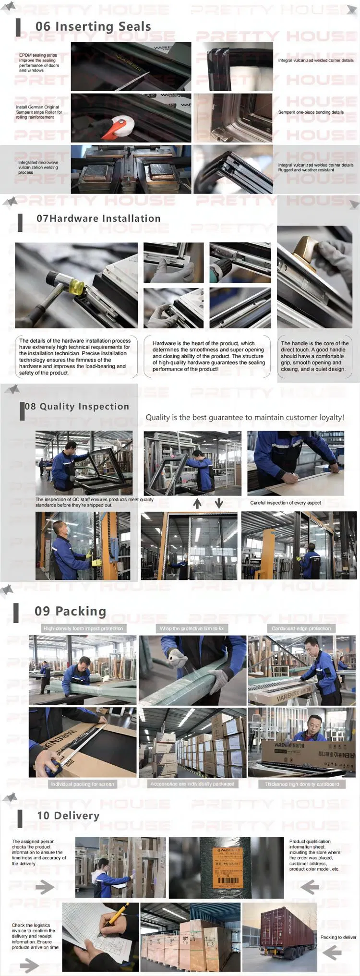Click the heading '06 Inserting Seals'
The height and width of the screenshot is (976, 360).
coord(93,27)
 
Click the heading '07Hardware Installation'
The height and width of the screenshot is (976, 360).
coord(98,218)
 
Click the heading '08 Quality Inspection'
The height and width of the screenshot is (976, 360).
coord(77,407)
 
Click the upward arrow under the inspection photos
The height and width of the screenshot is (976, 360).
coord(197,503)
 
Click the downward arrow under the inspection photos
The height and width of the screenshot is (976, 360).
coord(219,503)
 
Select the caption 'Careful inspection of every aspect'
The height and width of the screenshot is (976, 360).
coord(285,503)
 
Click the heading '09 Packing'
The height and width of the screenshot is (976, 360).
coord(70,611)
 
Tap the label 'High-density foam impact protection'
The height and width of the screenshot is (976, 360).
coord(83,628)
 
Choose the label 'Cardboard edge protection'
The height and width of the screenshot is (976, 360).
coord(301,628)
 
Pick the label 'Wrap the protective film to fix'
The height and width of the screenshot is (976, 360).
coord(192,628)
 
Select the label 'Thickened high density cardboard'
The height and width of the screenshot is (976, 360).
coord(301,784)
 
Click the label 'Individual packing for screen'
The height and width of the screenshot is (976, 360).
coord(83,784)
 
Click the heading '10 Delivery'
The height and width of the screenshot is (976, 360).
coord(68,816)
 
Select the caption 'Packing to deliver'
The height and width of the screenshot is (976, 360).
coord(338,937)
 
